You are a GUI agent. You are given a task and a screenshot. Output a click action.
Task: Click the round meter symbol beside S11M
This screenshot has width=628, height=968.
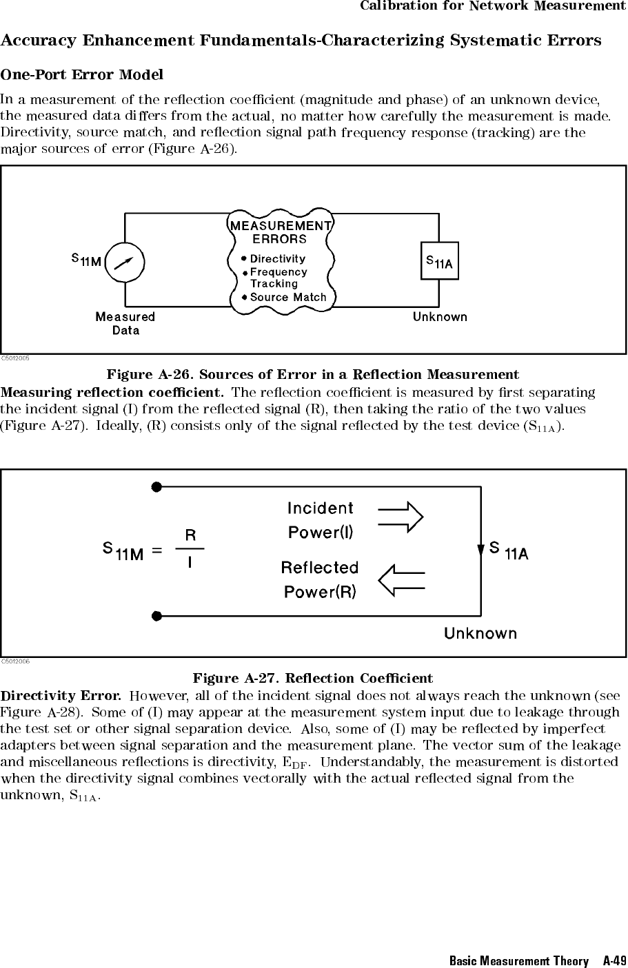[x=125, y=262]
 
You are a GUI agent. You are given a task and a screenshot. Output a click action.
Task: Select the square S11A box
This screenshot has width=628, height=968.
[x=439, y=260]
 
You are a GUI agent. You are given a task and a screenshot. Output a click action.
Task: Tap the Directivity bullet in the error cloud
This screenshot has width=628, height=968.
[x=274, y=259]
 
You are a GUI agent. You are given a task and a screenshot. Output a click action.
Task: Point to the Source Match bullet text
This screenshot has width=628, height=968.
[x=284, y=298]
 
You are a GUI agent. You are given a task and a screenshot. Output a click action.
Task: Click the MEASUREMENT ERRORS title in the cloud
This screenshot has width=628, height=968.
[x=281, y=232]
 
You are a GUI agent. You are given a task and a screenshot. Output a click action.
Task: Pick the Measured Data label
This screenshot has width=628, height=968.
[x=125, y=324]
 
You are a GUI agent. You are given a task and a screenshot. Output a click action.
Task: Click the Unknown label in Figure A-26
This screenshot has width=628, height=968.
[x=440, y=317]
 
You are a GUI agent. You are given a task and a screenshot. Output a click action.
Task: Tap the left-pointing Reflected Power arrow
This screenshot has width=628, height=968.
[x=401, y=580]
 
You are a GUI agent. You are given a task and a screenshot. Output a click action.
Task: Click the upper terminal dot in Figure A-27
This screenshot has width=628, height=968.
[x=156, y=487]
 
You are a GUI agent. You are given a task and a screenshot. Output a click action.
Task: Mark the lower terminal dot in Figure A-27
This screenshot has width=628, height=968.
[x=156, y=616]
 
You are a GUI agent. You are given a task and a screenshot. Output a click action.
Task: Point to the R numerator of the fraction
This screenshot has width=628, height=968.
[x=190, y=536]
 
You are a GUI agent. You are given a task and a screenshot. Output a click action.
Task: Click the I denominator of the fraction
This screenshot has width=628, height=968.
[x=190, y=562]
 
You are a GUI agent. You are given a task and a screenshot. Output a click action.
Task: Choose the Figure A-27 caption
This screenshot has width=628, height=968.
[x=313, y=678]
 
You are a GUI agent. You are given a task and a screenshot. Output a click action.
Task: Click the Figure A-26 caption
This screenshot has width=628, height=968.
[x=313, y=374]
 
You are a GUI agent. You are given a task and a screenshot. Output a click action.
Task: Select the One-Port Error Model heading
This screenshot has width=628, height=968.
[x=82, y=75]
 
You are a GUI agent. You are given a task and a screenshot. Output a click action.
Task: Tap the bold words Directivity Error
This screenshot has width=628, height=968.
[x=61, y=696]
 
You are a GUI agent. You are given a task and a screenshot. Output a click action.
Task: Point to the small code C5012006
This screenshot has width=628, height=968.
[x=15, y=661]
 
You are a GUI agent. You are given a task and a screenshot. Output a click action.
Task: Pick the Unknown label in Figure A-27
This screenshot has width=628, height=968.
[x=480, y=634]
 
